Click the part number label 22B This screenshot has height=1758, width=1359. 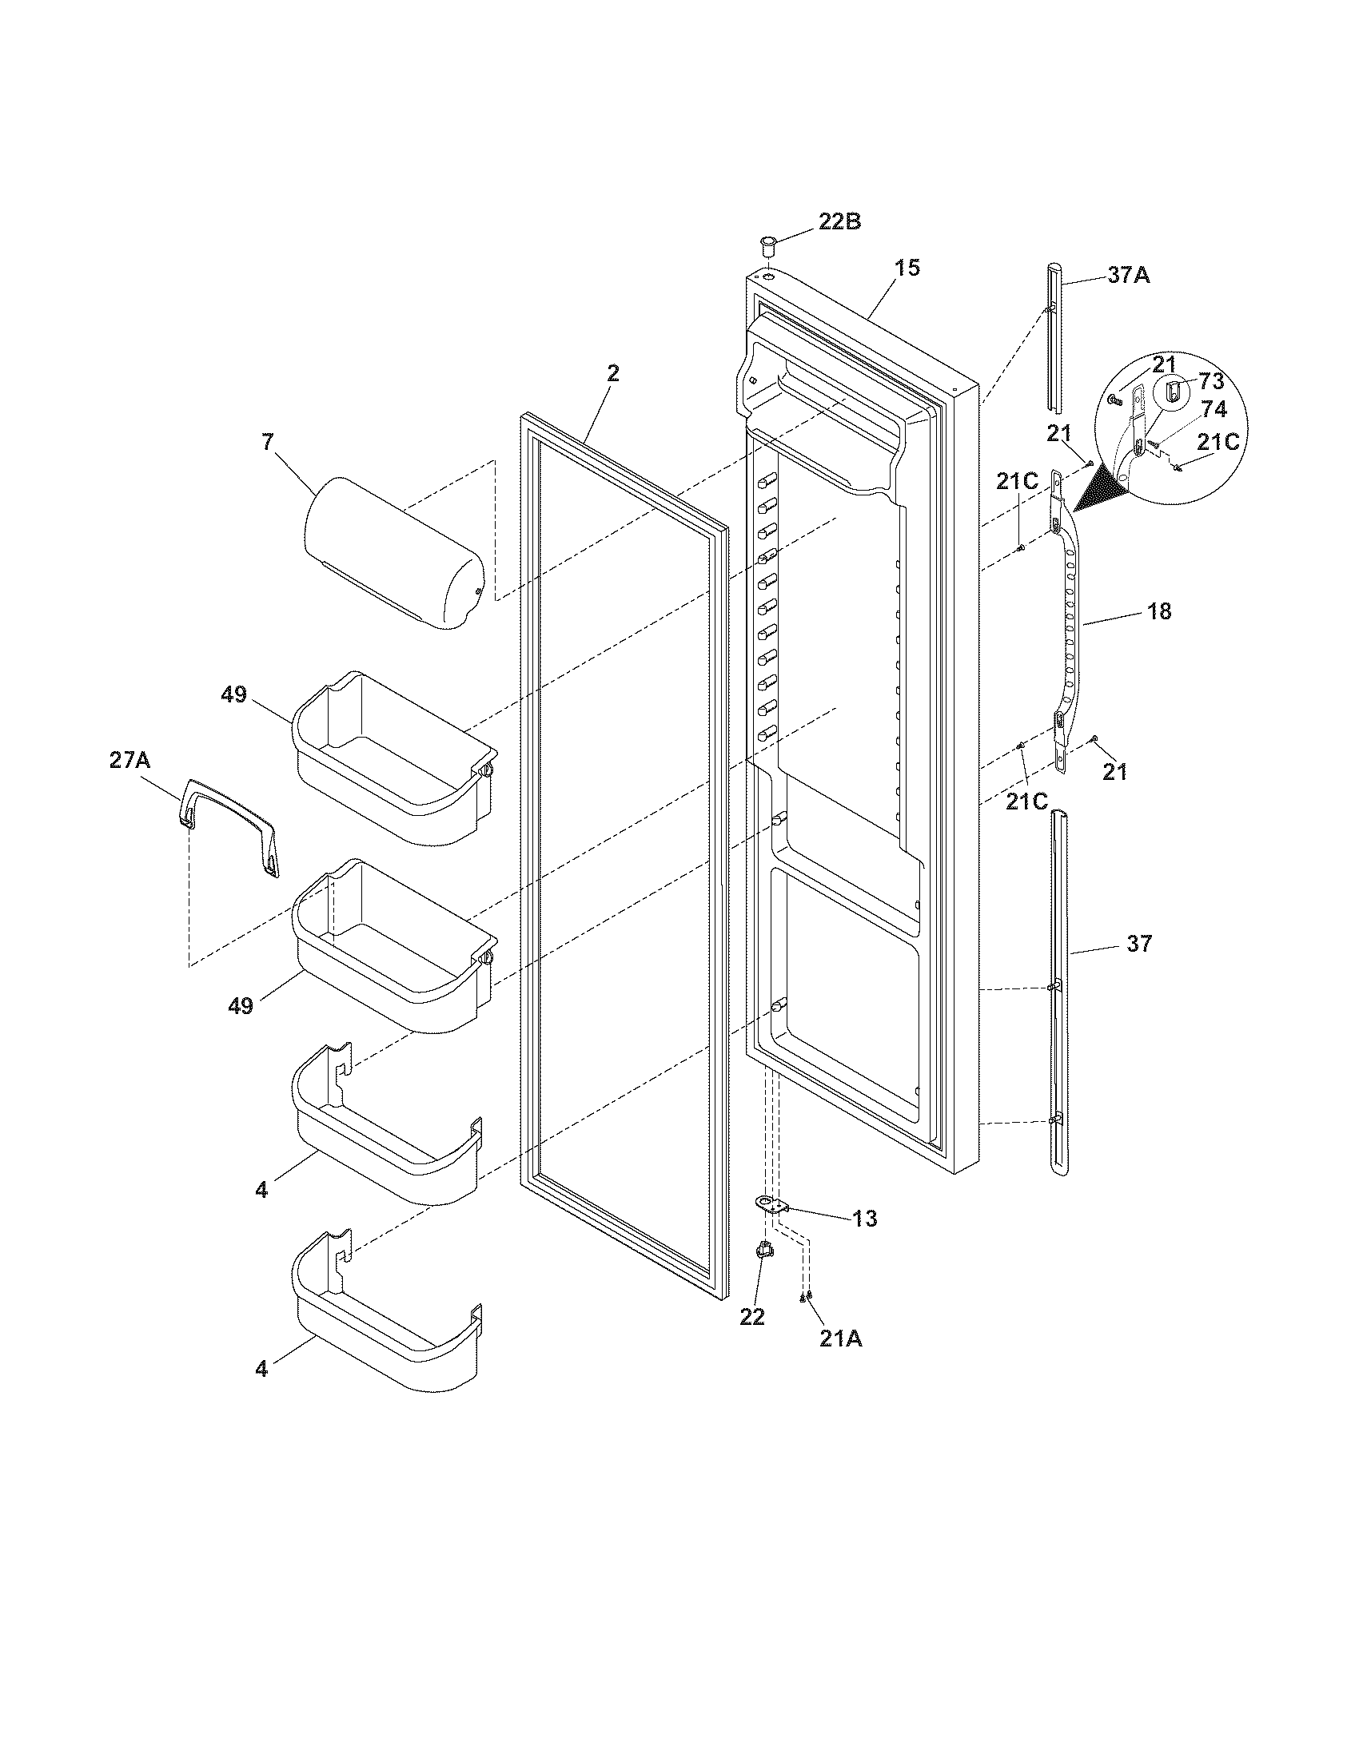(839, 221)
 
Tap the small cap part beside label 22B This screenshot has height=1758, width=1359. (769, 244)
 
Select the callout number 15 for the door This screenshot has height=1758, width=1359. (907, 267)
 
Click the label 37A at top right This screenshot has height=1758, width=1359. (1129, 276)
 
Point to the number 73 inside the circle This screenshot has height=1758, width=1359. (1211, 380)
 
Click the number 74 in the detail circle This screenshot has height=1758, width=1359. (1214, 409)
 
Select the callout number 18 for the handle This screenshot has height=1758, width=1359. (1158, 611)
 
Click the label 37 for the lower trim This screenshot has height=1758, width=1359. (1139, 943)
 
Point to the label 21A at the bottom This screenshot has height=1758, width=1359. (840, 1338)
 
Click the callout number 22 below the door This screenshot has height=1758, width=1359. (752, 1317)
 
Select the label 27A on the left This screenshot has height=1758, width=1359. (130, 760)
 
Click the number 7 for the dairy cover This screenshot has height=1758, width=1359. (267, 441)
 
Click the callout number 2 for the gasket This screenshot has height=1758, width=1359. (612, 372)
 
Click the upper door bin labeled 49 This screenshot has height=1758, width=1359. (390, 753)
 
